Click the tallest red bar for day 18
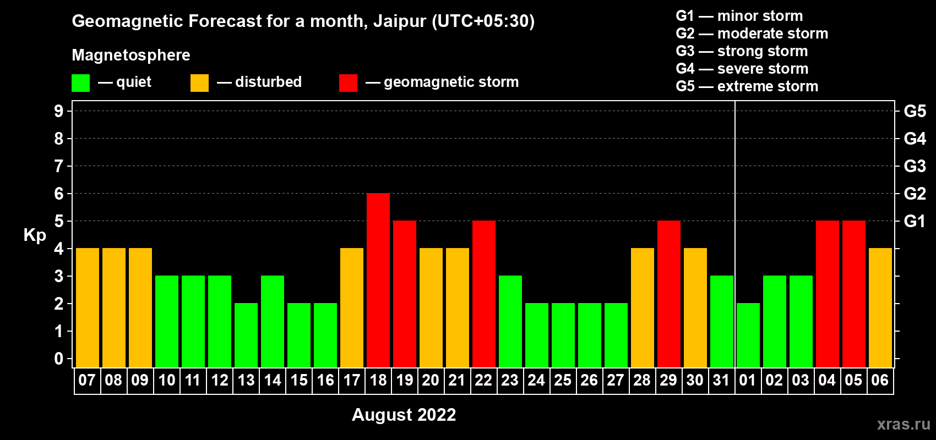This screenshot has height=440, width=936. (x=378, y=280)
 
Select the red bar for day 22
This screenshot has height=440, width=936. (x=484, y=294)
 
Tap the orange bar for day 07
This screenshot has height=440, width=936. (x=88, y=307)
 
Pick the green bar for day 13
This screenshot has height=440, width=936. (x=246, y=335)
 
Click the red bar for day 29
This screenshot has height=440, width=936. (x=669, y=294)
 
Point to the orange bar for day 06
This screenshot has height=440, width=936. (x=880, y=307)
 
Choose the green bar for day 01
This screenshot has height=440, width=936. (x=748, y=335)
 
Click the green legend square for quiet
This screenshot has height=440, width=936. (x=80, y=82)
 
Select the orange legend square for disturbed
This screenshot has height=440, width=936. (x=199, y=82)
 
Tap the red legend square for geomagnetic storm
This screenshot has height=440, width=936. (x=348, y=82)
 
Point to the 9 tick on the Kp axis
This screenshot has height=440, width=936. (x=58, y=111)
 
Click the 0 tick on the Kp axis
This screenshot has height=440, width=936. (x=58, y=359)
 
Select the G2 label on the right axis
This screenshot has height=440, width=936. (x=915, y=193)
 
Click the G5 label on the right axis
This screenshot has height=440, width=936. (x=915, y=111)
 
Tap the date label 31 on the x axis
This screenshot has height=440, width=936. (x=721, y=380)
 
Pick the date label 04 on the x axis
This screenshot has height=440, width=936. (x=827, y=380)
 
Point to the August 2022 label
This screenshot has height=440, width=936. (x=404, y=415)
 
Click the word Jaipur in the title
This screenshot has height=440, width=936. (x=400, y=21)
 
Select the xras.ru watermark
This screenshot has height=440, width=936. (x=904, y=424)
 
